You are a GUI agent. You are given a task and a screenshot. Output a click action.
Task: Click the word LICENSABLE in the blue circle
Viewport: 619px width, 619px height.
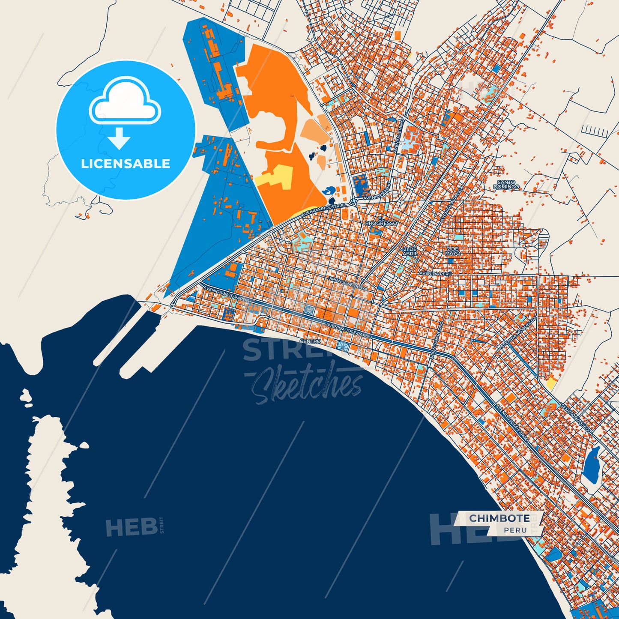pyautogui.click(x=126, y=164)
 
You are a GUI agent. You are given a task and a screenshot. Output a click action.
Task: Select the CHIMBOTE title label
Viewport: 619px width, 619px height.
pyautogui.click(x=499, y=518)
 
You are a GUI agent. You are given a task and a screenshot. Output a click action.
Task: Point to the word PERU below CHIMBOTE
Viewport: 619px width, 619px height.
pyautogui.click(x=515, y=530)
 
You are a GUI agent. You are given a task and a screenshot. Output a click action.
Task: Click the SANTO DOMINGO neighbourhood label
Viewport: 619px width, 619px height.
pyautogui.click(x=507, y=185)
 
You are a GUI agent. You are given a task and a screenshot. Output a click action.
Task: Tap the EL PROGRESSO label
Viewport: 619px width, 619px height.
pyautogui.click(x=381, y=221)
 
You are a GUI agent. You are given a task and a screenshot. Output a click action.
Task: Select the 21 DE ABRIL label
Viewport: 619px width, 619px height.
pyautogui.click(x=410, y=251)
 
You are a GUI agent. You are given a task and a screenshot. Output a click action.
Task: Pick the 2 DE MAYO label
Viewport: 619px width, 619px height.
pyautogui.click(x=453, y=251)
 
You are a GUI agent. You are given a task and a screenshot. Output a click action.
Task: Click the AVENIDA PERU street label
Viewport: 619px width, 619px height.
pyautogui.click(x=435, y=273)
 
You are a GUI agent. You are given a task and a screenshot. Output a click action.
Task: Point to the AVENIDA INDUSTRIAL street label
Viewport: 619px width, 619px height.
pyautogui.click(x=323, y=209)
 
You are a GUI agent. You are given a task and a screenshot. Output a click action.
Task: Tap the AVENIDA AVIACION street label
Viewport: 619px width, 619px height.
pyautogui.click(x=451, y=204)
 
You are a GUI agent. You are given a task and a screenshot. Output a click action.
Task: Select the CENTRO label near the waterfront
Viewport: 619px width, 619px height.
pyautogui.click(x=310, y=341)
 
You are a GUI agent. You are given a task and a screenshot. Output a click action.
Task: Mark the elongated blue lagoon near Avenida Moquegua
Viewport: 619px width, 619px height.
pyautogui.click(x=592, y=465)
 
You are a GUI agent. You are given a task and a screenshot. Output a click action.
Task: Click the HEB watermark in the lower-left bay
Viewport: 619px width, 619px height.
pyautogui.click(x=132, y=527)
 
